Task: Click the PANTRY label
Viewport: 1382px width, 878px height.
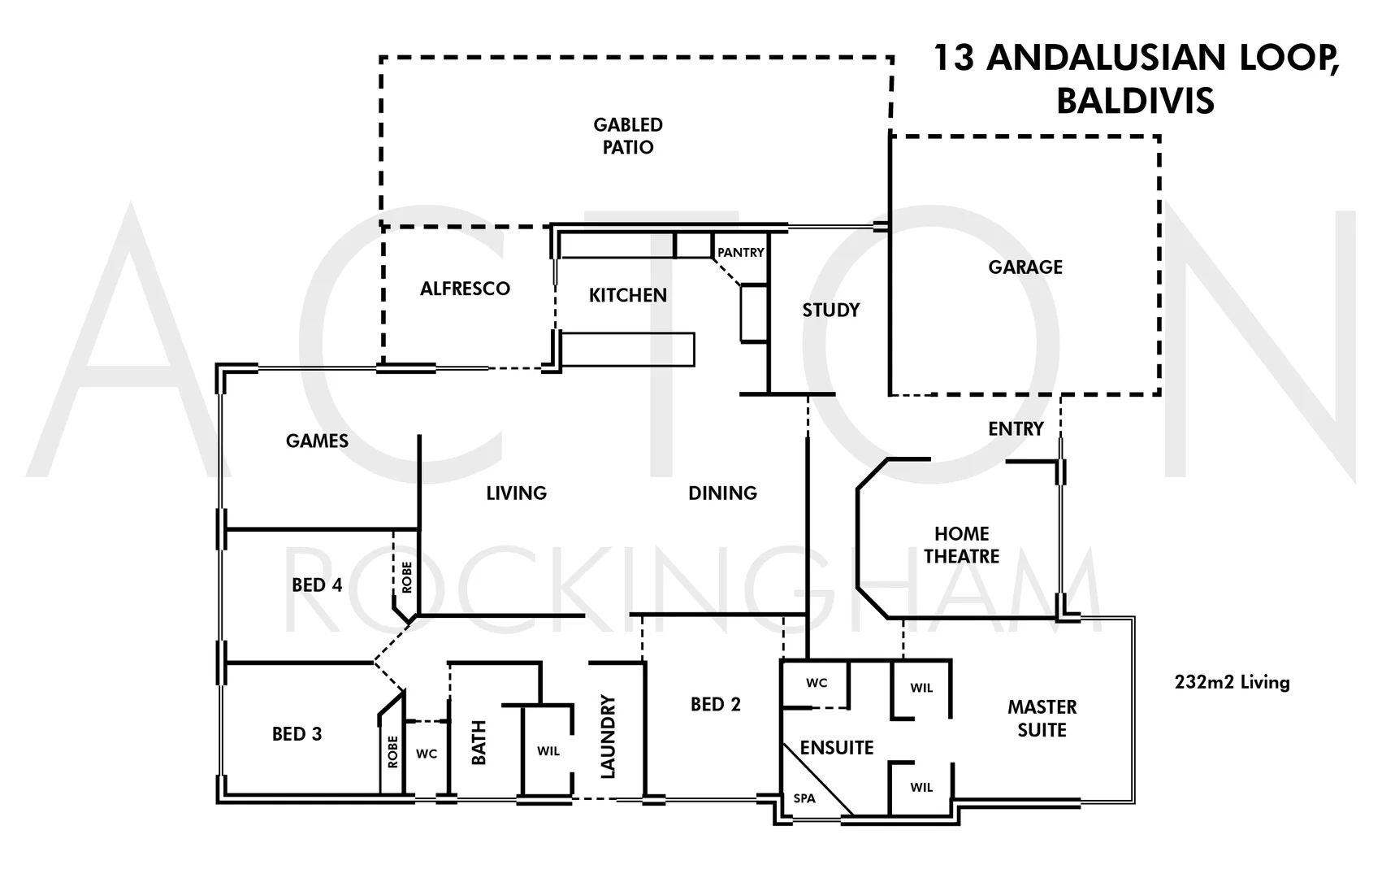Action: pos(740,253)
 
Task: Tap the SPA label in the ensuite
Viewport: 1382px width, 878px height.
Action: pos(804,798)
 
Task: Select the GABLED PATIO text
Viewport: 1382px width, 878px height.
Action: pos(627,136)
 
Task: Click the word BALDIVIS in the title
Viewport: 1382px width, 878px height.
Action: pos(1135,101)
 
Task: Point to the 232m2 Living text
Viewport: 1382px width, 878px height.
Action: pos(1231,682)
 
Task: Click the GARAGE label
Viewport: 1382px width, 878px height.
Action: pos(1025,267)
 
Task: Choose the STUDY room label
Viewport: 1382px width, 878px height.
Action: pos(830,310)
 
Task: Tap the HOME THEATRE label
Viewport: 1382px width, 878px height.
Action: pos(961,545)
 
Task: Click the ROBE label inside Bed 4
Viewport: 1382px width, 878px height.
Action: pos(407,576)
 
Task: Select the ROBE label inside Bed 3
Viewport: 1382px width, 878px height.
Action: pos(392,752)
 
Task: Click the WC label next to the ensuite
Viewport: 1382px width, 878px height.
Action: pos(816,683)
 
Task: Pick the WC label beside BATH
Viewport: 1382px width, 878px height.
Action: pos(426,754)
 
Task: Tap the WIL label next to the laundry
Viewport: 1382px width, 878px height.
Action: pos(548,751)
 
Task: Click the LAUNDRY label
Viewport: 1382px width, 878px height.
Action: pos(608,737)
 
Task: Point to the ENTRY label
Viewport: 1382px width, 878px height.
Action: pos(1015,428)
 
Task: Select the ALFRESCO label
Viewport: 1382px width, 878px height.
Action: pos(465,289)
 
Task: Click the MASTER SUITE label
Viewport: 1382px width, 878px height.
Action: pos(1042,719)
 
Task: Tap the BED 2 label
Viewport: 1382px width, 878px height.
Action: pos(715,705)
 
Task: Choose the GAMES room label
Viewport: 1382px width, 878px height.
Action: pos(317,441)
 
